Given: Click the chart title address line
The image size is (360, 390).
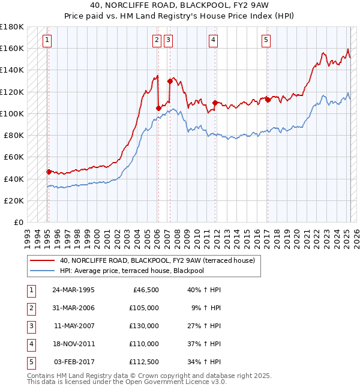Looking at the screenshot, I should click(x=180, y=7).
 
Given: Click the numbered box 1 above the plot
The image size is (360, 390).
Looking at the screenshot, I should click(x=47, y=40).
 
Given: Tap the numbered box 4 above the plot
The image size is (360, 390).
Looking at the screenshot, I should click(x=213, y=40).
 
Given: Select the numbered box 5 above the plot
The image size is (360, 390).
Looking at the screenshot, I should click(x=266, y=40).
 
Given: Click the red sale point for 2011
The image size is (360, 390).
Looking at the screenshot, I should click(x=215, y=103).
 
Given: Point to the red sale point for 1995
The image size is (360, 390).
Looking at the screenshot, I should click(x=49, y=172).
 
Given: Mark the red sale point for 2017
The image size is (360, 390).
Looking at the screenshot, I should click(x=268, y=100).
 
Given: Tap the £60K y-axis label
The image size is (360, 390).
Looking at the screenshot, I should click(x=14, y=157).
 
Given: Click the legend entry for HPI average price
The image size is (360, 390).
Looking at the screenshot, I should click(x=140, y=271).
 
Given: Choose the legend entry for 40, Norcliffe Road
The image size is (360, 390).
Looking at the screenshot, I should click(x=158, y=260).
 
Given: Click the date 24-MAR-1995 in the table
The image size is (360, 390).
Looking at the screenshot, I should click(x=73, y=290).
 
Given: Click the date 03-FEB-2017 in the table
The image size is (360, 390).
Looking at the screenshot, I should click(x=73, y=362).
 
